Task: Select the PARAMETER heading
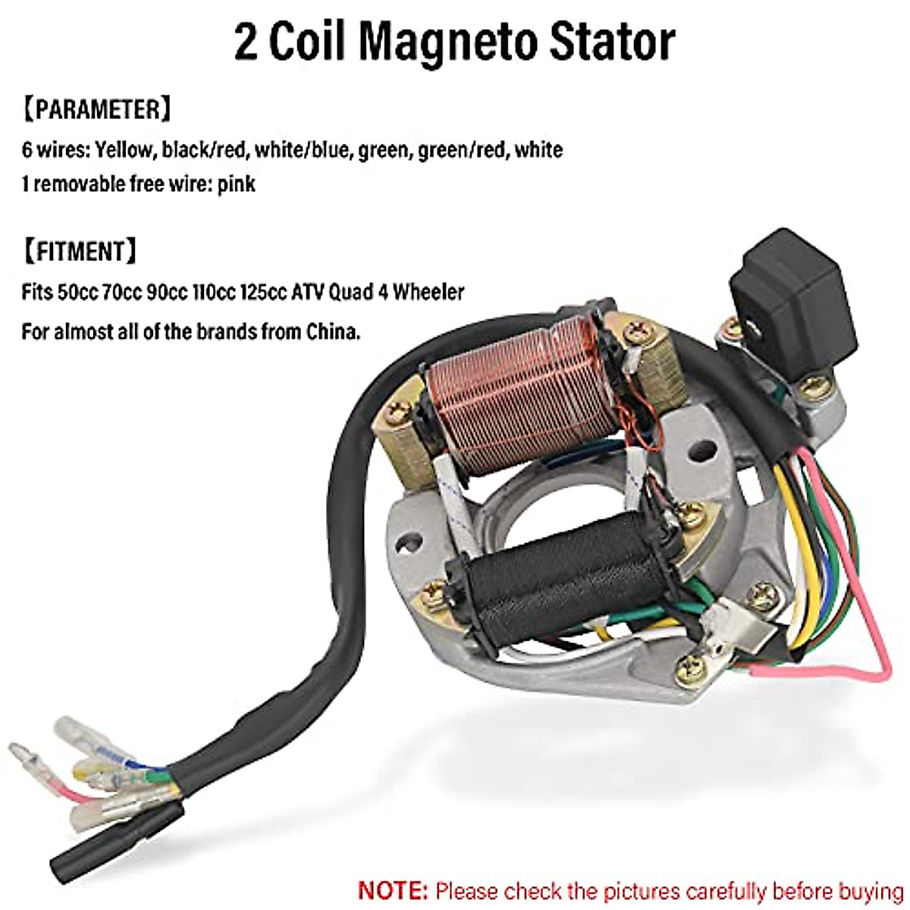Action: [x=96, y=109]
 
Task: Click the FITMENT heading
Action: [x=80, y=251]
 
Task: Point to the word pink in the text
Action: [x=236, y=184]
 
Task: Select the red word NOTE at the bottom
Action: [x=393, y=890]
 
